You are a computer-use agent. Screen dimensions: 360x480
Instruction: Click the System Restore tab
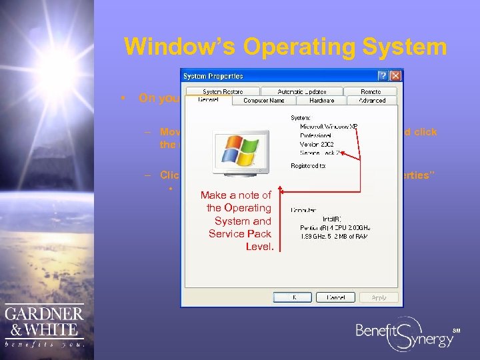click(x=223, y=91)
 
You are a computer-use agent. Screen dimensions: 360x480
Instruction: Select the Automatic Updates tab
click(x=303, y=91)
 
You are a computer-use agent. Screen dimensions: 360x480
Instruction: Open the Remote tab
click(x=371, y=91)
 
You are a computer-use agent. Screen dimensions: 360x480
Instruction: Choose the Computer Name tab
click(x=264, y=101)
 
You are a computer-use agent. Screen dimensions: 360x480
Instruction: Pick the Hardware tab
click(x=321, y=101)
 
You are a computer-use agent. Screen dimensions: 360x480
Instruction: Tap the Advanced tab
click(x=372, y=101)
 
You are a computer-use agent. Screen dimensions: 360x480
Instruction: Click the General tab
click(x=208, y=100)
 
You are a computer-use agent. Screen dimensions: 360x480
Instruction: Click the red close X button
click(x=395, y=76)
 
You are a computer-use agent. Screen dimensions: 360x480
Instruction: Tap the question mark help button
click(x=383, y=76)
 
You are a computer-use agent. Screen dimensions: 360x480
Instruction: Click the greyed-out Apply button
click(x=379, y=297)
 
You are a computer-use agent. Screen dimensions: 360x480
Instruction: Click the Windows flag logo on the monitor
click(x=237, y=151)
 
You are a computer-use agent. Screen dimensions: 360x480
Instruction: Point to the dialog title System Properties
click(x=213, y=76)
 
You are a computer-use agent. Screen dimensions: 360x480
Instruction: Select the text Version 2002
click(x=316, y=143)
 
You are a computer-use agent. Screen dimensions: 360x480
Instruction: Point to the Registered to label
click(x=307, y=165)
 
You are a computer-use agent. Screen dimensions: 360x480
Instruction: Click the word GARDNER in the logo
click(x=45, y=315)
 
